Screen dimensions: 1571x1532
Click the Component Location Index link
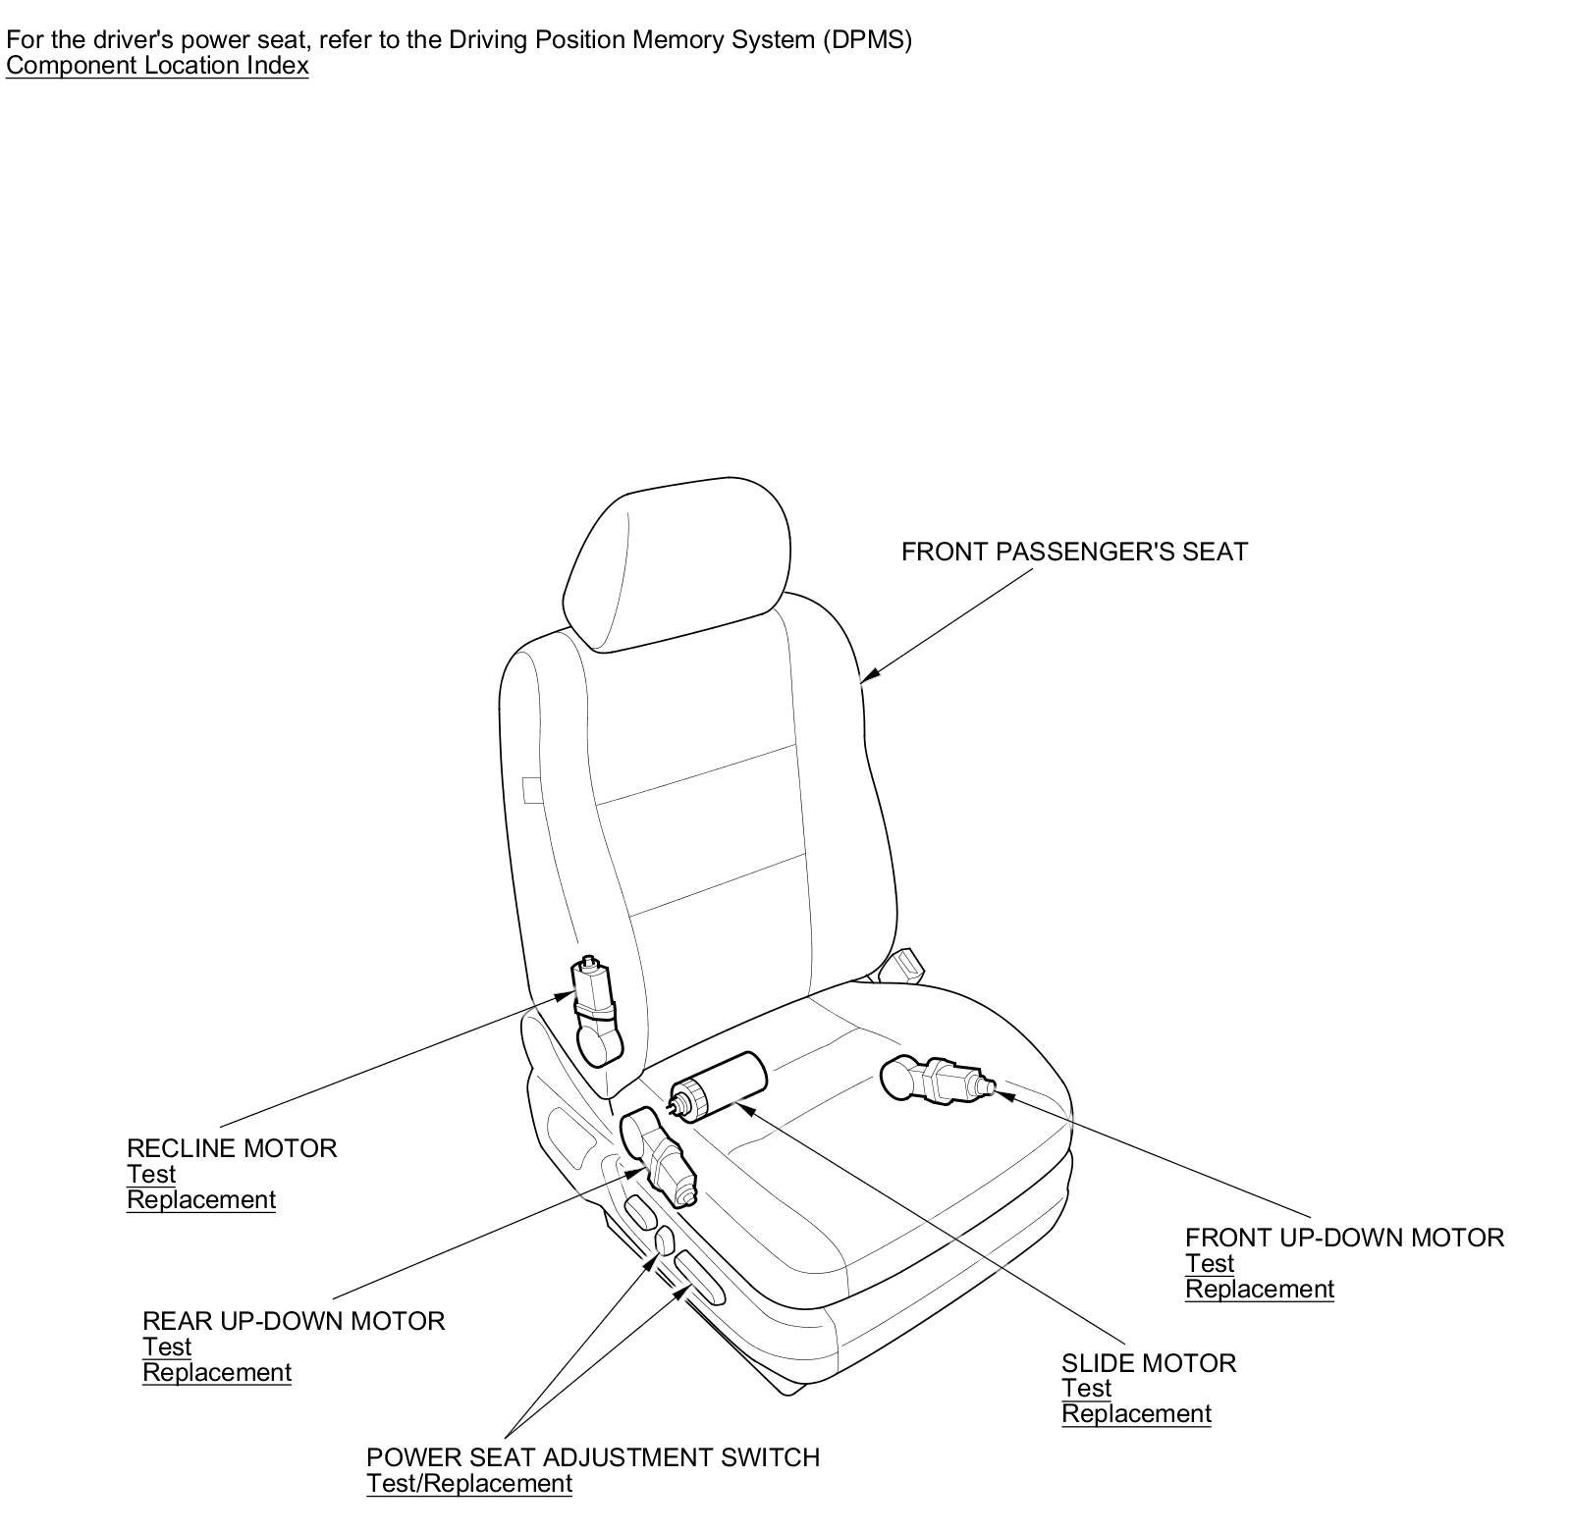coord(157,66)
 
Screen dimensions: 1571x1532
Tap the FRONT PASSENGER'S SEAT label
coord(1074,552)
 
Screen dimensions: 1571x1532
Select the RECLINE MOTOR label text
coord(232,1148)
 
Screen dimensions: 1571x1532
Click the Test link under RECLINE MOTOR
coord(151,1174)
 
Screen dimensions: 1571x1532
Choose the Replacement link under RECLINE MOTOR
coord(201,1199)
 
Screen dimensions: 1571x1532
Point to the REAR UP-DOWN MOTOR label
coord(294,1321)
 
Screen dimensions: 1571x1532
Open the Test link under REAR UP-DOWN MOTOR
coord(167,1347)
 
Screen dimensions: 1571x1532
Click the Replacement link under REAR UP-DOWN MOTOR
coord(217,1372)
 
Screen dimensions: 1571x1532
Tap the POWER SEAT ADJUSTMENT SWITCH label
coord(592,1457)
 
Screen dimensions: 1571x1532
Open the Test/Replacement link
coord(468,1483)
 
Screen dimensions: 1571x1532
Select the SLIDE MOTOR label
coord(1148,1363)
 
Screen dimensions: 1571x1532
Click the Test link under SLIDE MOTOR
coord(1086,1389)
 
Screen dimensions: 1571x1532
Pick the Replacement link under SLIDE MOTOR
coord(1136,1414)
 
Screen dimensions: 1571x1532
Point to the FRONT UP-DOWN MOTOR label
coord(1344,1238)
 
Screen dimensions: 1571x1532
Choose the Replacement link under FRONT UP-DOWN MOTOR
coord(1260,1289)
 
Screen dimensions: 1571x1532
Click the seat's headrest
coord(677,564)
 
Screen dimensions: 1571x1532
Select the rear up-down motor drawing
coord(659,1155)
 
